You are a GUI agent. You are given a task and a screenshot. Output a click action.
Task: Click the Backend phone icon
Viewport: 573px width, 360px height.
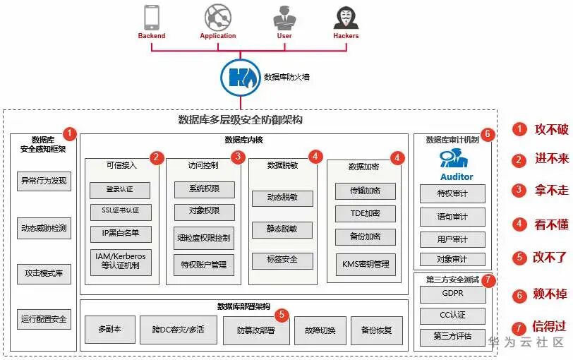(x=152, y=17)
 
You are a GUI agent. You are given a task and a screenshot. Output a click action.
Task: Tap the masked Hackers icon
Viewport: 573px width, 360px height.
(x=345, y=17)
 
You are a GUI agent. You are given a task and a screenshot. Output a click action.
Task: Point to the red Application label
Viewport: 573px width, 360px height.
(x=217, y=36)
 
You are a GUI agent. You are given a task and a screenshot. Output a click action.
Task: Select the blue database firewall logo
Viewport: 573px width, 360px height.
(x=239, y=77)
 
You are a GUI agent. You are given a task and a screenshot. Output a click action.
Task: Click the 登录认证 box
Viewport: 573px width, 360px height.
(x=119, y=190)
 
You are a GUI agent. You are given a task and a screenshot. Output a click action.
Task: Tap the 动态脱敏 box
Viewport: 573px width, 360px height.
(x=282, y=198)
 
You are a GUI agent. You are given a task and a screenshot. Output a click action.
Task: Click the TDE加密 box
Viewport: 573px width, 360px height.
(x=365, y=213)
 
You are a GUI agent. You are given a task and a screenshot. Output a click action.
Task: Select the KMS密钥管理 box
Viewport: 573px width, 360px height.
(x=365, y=264)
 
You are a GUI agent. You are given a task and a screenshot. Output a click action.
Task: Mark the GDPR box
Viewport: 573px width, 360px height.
(x=452, y=293)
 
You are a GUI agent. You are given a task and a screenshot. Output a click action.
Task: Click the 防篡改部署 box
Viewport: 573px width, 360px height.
(x=255, y=330)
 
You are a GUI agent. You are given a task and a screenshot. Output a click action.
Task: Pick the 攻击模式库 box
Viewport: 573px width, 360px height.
(x=44, y=273)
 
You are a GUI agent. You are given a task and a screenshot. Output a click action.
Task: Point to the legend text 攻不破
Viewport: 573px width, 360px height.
(x=550, y=129)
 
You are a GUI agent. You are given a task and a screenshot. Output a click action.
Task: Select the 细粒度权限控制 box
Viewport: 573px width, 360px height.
(x=203, y=237)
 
